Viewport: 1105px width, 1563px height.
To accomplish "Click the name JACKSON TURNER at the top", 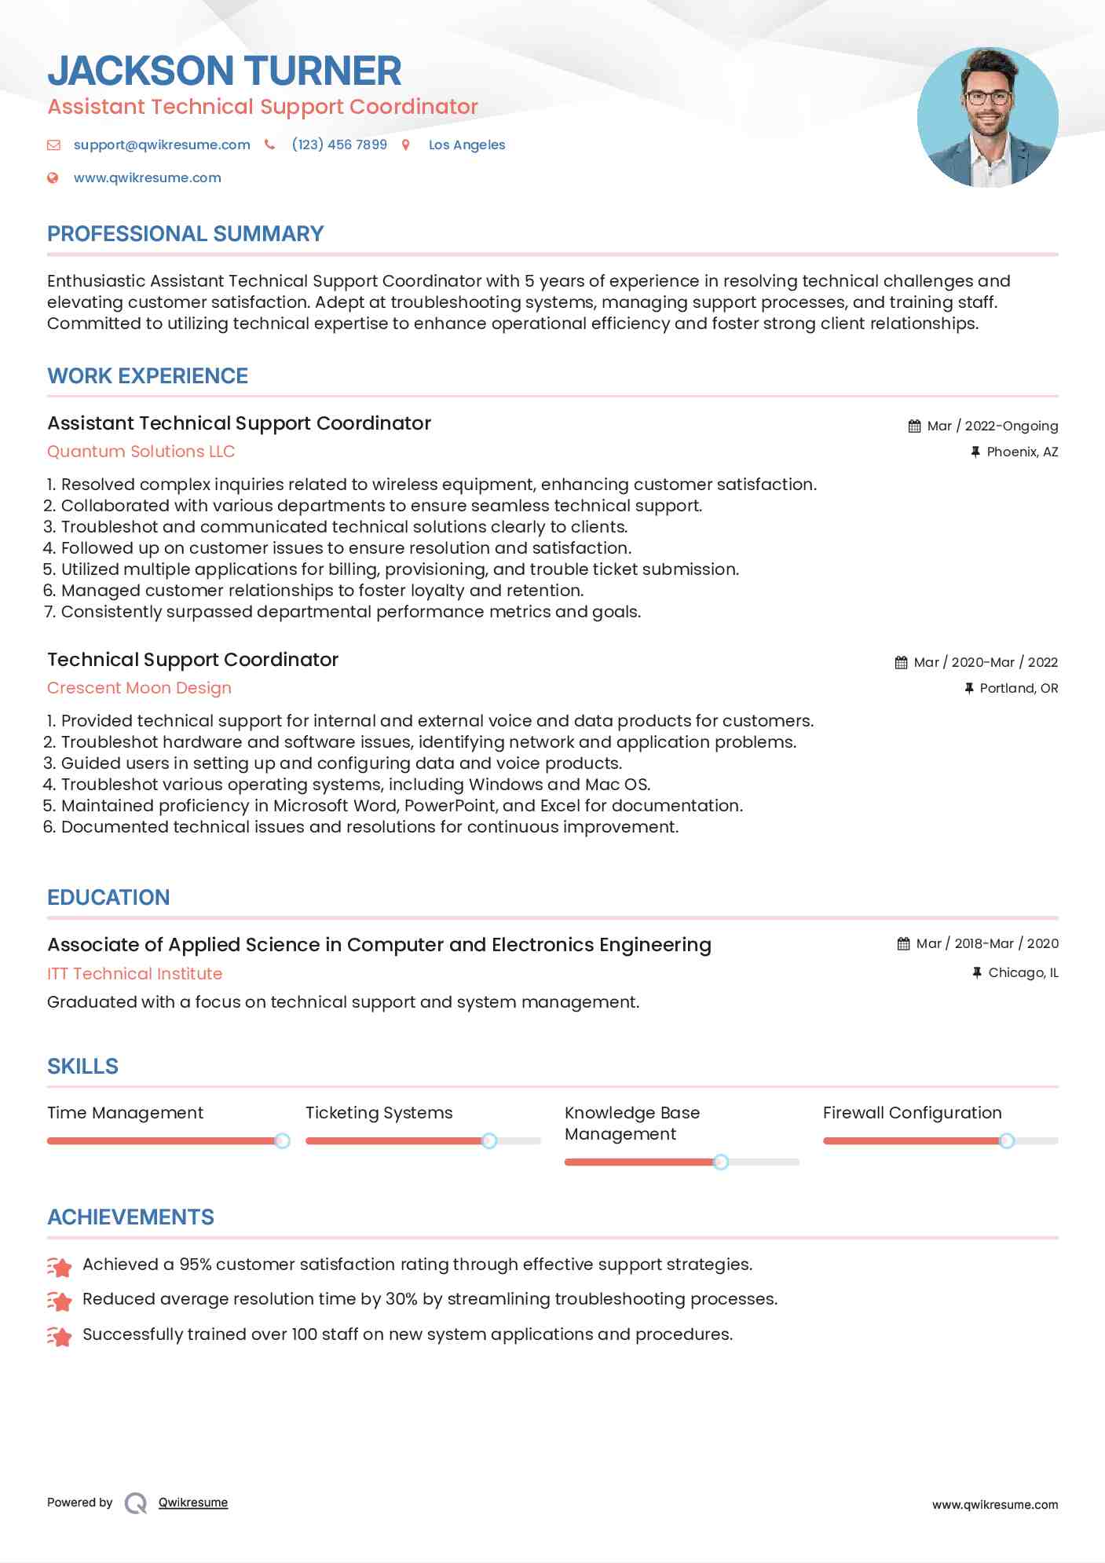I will [225, 71].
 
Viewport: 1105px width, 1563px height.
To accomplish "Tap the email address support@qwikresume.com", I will [162, 145].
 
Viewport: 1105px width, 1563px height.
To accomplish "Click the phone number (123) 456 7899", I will [339, 145].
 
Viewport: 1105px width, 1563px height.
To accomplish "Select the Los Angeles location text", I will [467, 145].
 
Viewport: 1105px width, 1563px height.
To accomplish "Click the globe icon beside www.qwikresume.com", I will [53, 178].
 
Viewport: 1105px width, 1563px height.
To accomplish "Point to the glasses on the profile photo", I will [986, 98].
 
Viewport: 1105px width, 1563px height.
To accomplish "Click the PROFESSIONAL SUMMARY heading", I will [185, 234].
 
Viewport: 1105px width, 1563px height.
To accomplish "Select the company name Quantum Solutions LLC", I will [141, 452].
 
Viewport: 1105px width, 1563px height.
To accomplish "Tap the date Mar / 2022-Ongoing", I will [992, 426].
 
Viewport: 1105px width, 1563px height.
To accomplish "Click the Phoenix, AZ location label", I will [1022, 452].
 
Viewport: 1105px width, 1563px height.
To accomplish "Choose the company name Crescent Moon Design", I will [139, 688].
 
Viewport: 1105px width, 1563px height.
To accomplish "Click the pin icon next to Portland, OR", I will [969, 689].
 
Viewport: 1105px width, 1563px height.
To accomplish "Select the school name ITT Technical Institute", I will [134, 974].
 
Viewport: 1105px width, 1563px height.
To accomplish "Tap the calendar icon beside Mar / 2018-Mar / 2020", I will [903, 944].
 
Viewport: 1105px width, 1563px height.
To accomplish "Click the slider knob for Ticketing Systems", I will [489, 1140].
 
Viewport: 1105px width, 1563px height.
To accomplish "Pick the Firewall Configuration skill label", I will [912, 1113].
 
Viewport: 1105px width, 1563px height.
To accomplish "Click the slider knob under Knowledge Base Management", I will [720, 1162].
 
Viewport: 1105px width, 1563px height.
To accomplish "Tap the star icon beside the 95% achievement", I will [60, 1266].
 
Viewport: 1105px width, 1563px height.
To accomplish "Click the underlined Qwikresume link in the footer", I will [193, 1503].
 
